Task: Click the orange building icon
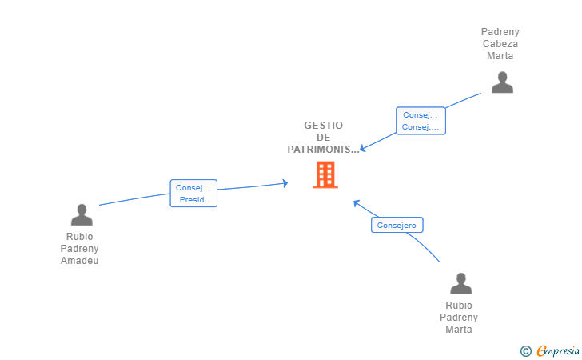[325, 174]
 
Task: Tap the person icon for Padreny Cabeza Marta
[502, 82]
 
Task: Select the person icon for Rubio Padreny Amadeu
[82, 214]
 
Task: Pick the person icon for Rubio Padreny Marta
[460, 284]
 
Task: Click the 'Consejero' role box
[397, 226]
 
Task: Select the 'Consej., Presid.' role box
[193, 194]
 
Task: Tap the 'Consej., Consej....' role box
[421, 121]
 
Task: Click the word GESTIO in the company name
[324, 126]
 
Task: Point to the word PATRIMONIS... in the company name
[324, 150]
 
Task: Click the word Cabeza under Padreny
[500, 44]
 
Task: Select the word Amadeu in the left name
[80, 261]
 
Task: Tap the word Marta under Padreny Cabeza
[500, 56]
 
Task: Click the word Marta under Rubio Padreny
[459, 330]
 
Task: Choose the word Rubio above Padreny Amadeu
[80, 237]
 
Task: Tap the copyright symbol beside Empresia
[525, 350]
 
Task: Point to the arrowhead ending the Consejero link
[357, 202]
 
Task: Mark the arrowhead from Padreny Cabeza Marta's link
[362, 148]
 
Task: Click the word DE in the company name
[324, 138]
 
